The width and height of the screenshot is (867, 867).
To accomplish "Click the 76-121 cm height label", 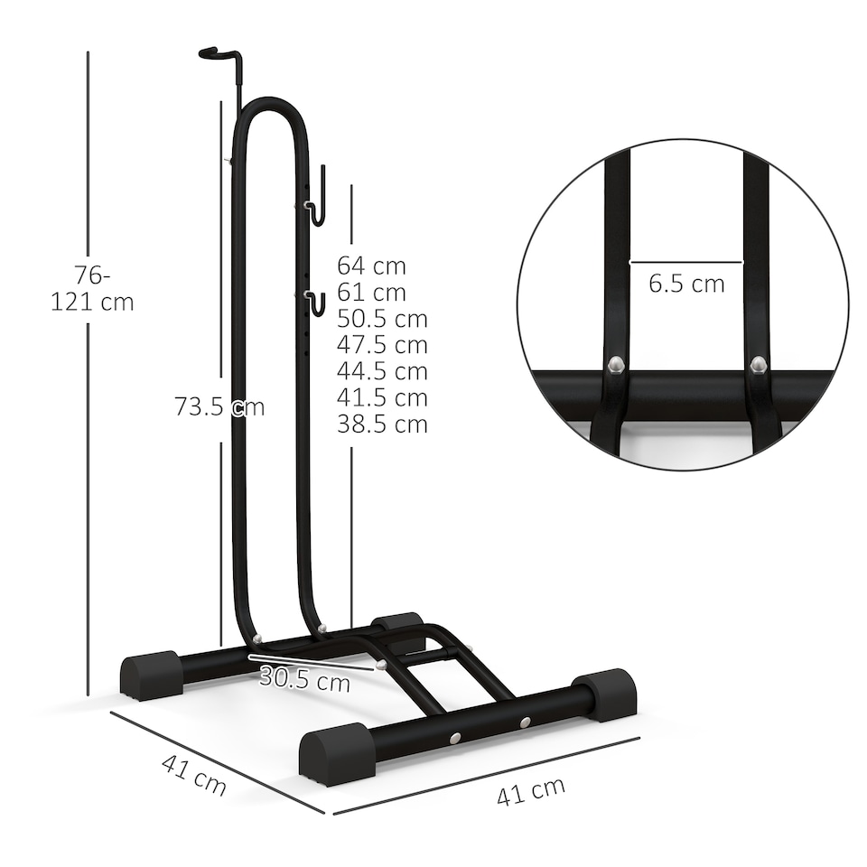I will coord(92,288).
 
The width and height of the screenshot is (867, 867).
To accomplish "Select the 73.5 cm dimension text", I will coord(219,406).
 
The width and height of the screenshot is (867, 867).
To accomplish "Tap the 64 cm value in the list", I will coord(371,266).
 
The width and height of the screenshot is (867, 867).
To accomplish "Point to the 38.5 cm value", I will coord(382,424).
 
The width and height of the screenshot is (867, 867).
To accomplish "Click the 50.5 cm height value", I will coord(382,319).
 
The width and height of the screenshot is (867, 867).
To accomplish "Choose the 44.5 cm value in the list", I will coord(382,371).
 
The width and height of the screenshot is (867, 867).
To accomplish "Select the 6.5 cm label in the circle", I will coord(686,284).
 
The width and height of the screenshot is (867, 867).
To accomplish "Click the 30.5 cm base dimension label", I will coord(304,679).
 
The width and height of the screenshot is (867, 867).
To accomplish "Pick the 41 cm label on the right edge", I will coord(531,791).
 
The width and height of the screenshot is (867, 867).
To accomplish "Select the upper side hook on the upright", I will coord(315,200).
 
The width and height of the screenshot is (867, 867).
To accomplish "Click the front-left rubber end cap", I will coord(336,753).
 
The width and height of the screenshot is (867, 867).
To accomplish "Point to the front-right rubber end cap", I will coord(606,694).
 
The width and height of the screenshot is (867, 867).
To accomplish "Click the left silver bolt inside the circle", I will coord(615,364).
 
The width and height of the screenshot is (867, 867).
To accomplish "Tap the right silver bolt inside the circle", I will coord(759,364).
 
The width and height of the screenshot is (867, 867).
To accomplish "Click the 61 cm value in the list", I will coord(371,293).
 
